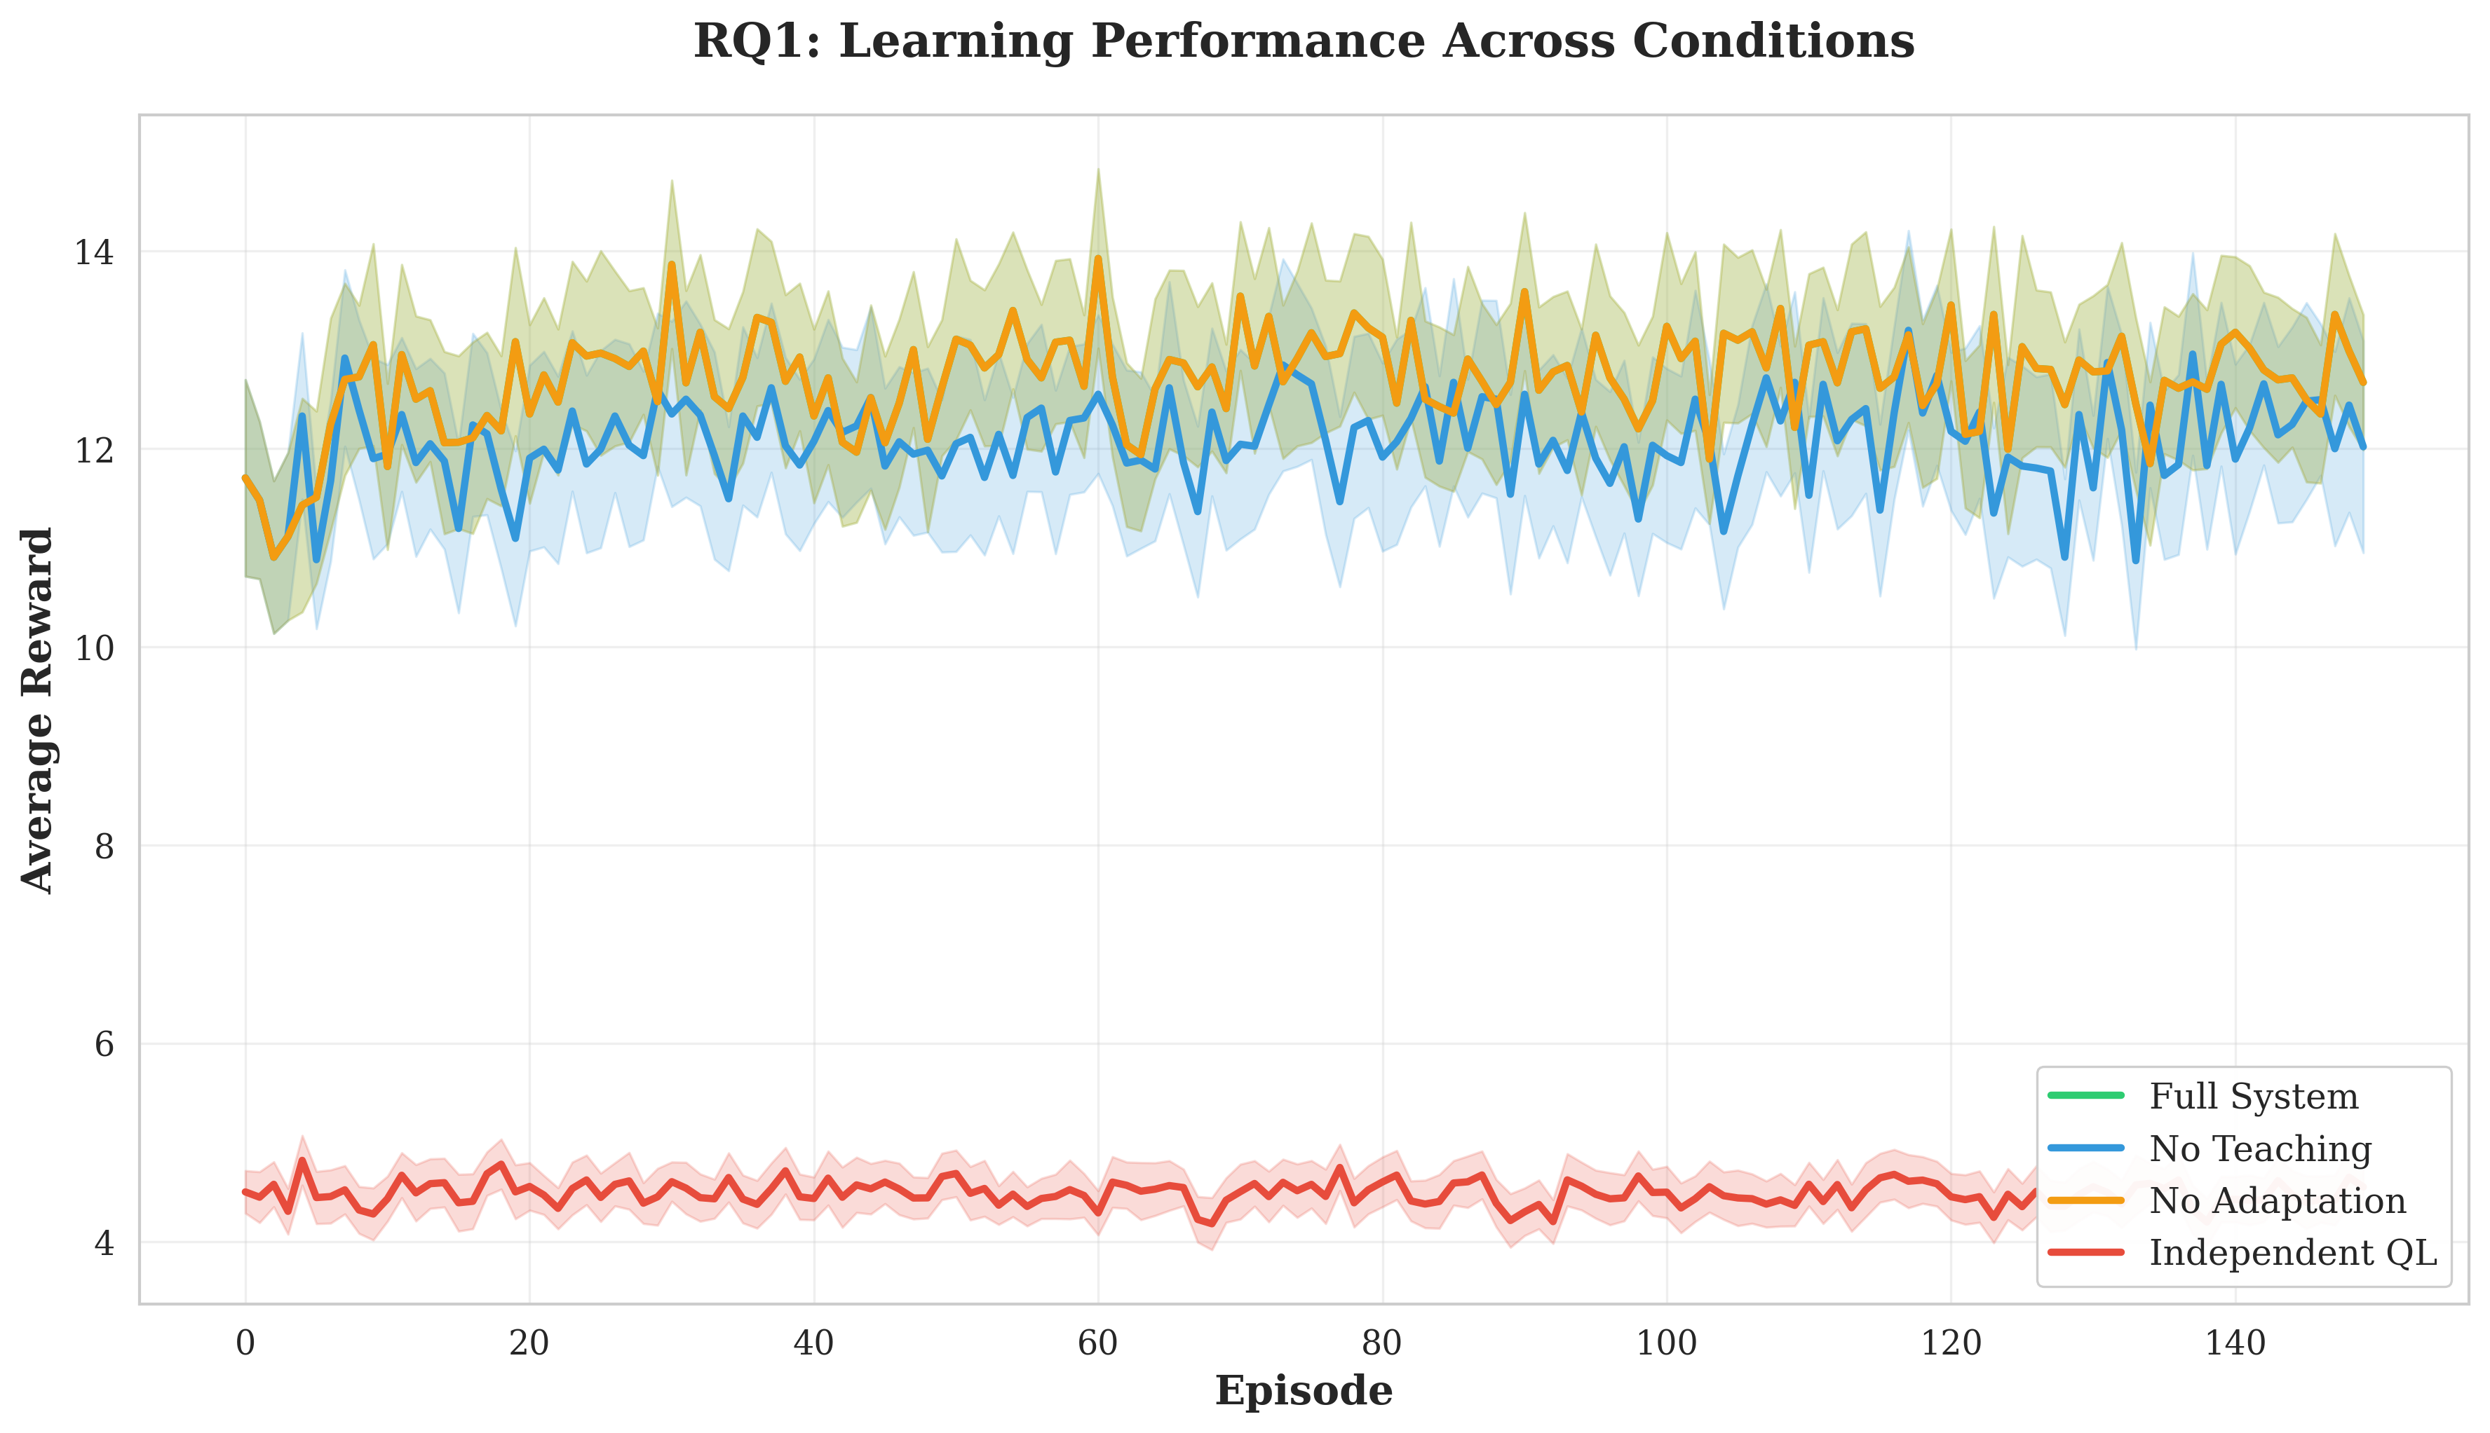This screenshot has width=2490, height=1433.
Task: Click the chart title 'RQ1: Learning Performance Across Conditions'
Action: [1303, 42]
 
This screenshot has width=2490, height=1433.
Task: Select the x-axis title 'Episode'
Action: [1303, 1392]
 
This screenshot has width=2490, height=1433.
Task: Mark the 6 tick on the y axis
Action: [103, 1044]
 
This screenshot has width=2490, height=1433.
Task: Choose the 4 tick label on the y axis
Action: [103, 1243]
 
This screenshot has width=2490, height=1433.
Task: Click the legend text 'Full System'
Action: [2253, 1097]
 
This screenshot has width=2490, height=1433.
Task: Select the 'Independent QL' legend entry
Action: [2292, 1253]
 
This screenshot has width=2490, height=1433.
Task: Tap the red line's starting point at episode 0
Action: [245, 1192]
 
